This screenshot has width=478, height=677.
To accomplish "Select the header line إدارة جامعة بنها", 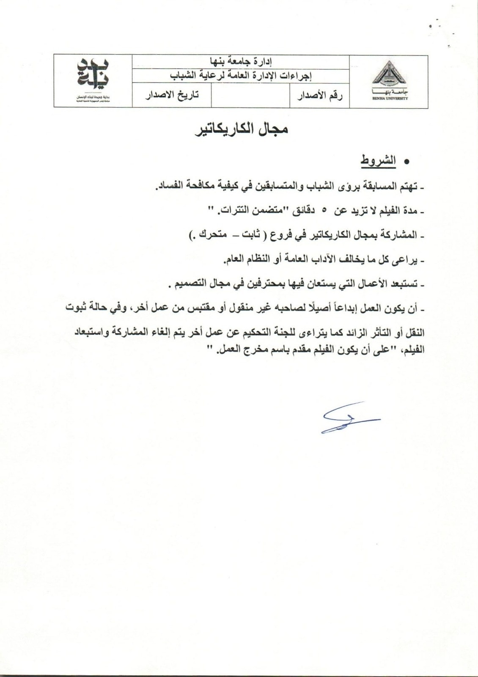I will pyautogui.click(x=240, y=62).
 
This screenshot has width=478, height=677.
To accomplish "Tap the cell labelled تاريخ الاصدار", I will pyautogui.click(x=172, y=95).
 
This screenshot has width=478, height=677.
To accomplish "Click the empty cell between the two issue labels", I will pyautogui.click(x=250, y=96).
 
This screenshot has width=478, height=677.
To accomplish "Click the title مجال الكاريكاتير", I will pyautogui.click(x=242, y=129).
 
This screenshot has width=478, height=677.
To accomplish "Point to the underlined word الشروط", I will pyautogui.click(x=378, y=161).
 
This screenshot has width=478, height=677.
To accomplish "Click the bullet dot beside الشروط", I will pyautogui.click(x=407, y=162).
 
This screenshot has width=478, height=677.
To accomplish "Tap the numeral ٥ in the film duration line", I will pyautogui.click(x=324, y=210).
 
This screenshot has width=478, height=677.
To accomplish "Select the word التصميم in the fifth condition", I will pyautogui.click(x=187, y=284).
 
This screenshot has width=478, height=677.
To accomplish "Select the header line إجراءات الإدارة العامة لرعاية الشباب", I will pyautogui.click(x=240, y=76).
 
